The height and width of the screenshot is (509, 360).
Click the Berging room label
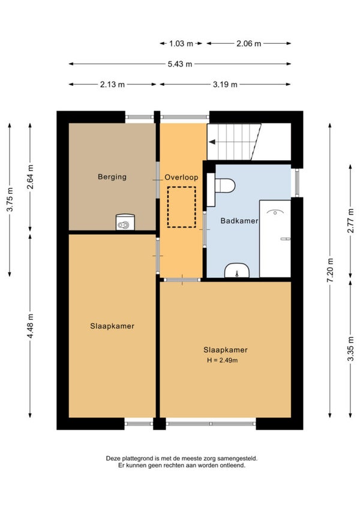[112, 177]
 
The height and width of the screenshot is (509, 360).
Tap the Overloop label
[181, 177]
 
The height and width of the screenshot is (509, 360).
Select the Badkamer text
[239, 221]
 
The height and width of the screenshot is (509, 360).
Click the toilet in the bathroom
[224, 185]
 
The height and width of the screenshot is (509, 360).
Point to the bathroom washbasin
[237, 271]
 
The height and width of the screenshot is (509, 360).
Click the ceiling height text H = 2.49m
[223, 360]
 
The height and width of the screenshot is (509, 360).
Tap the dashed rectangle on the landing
[181, 207]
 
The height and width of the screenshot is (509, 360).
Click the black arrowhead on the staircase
[212, 142]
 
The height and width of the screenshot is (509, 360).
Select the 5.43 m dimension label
[180, 64]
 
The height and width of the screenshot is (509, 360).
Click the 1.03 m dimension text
[181, 43]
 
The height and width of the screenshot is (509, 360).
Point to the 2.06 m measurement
[248, 43]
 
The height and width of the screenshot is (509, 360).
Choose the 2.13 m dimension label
[112, 85]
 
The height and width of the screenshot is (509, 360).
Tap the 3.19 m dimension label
[225, 85]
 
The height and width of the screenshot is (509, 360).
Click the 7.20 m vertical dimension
[330, 270]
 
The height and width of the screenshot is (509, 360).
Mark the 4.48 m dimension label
[30, 326]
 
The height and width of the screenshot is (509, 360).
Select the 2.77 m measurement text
[350, 221]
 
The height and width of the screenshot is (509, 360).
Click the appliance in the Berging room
[125, 222]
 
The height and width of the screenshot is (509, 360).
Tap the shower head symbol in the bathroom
[275, 212]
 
